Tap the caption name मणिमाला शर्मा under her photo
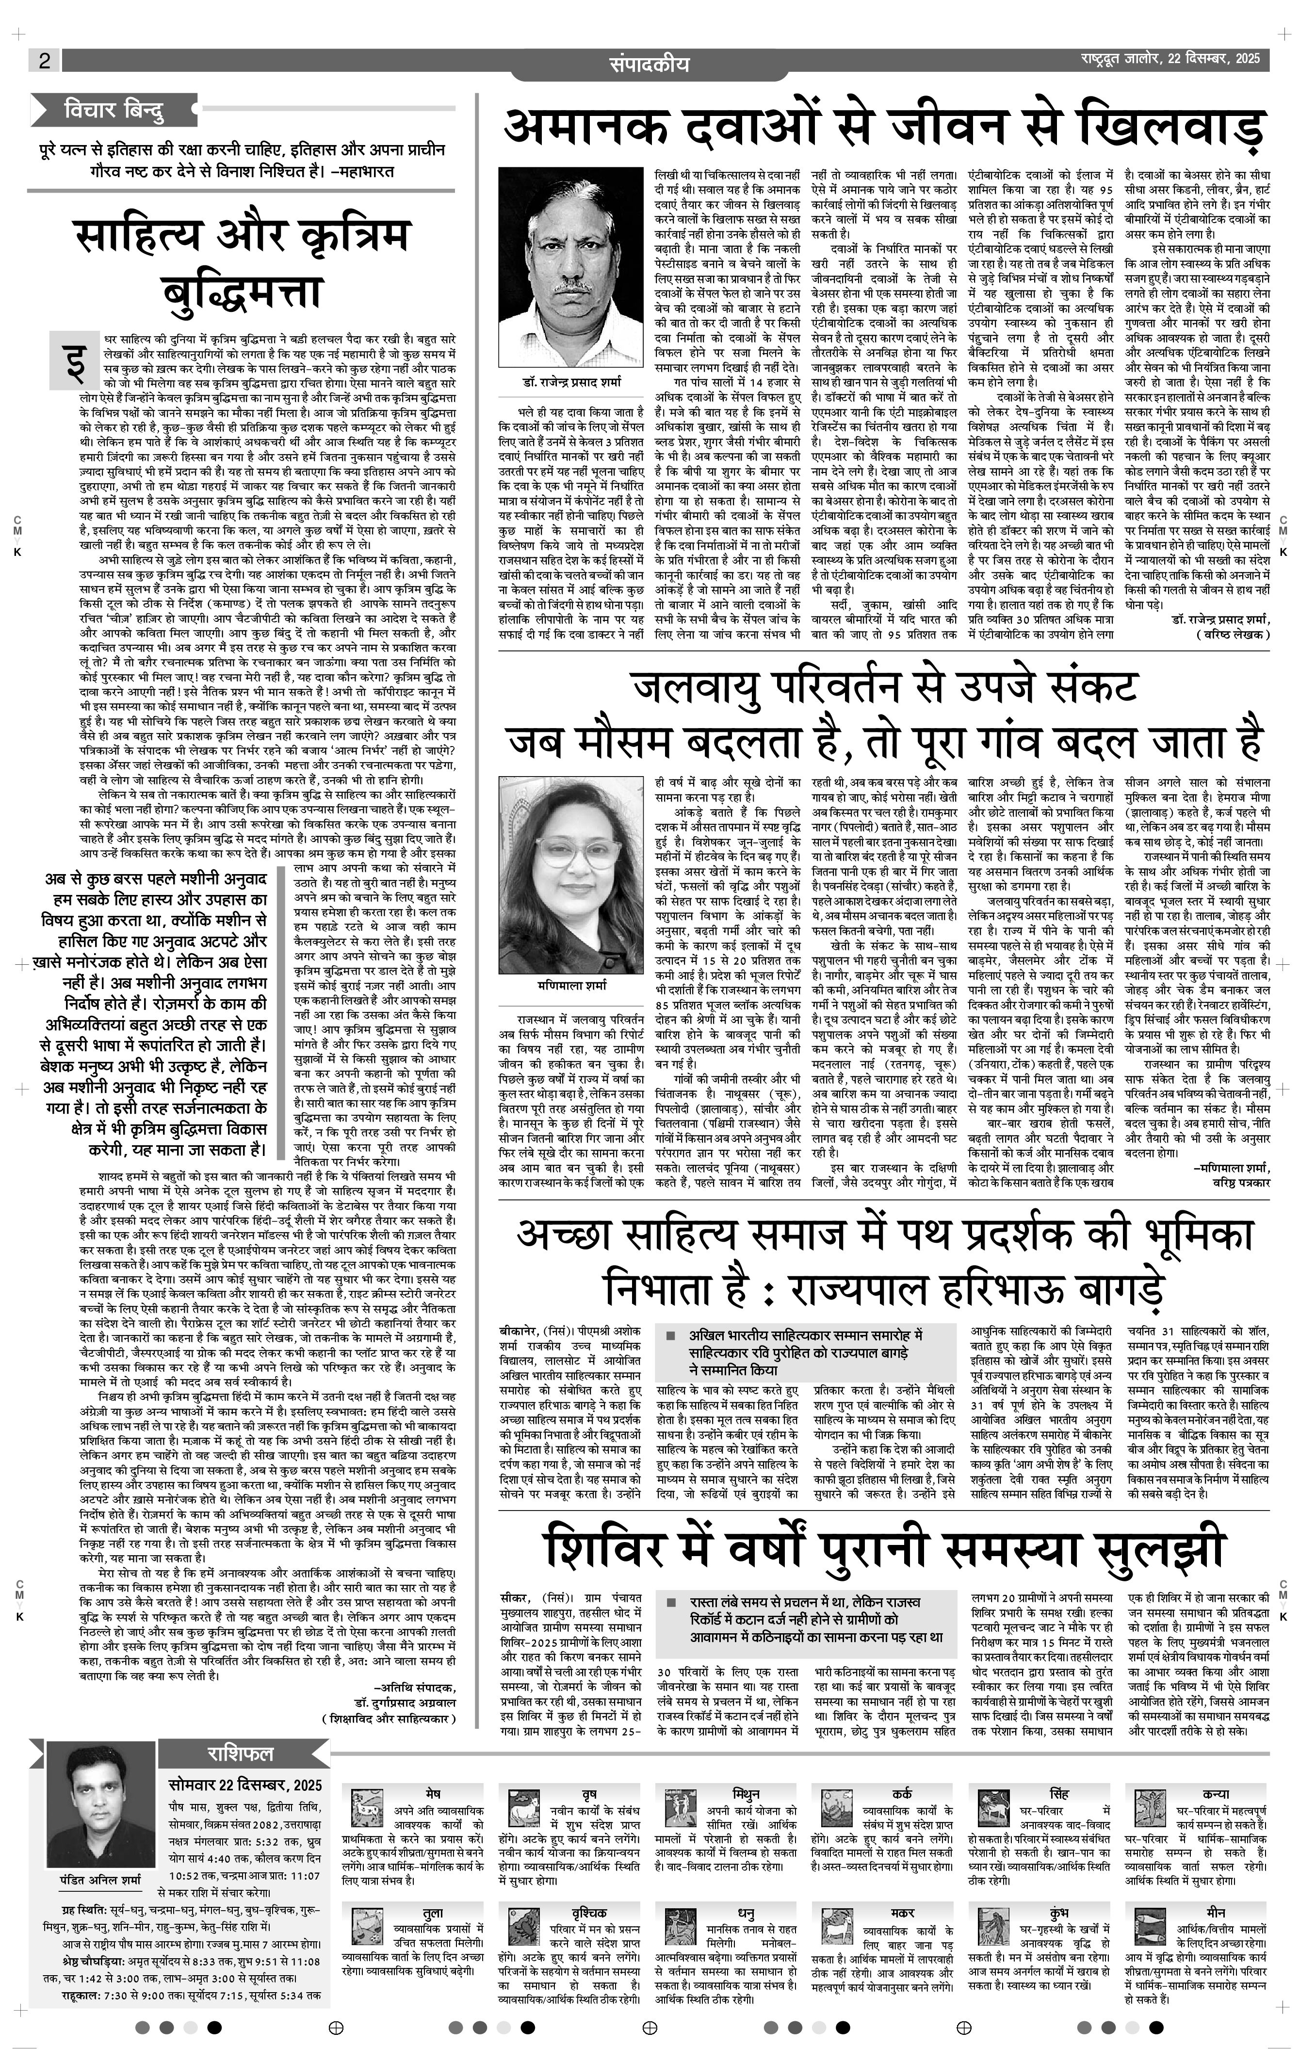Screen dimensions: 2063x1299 pos(561,985)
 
